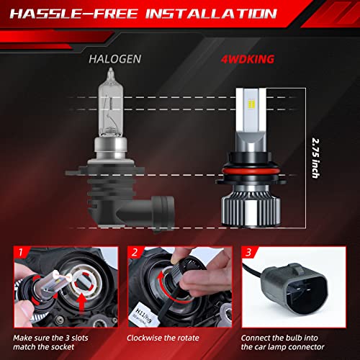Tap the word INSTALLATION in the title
pos(231,14)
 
